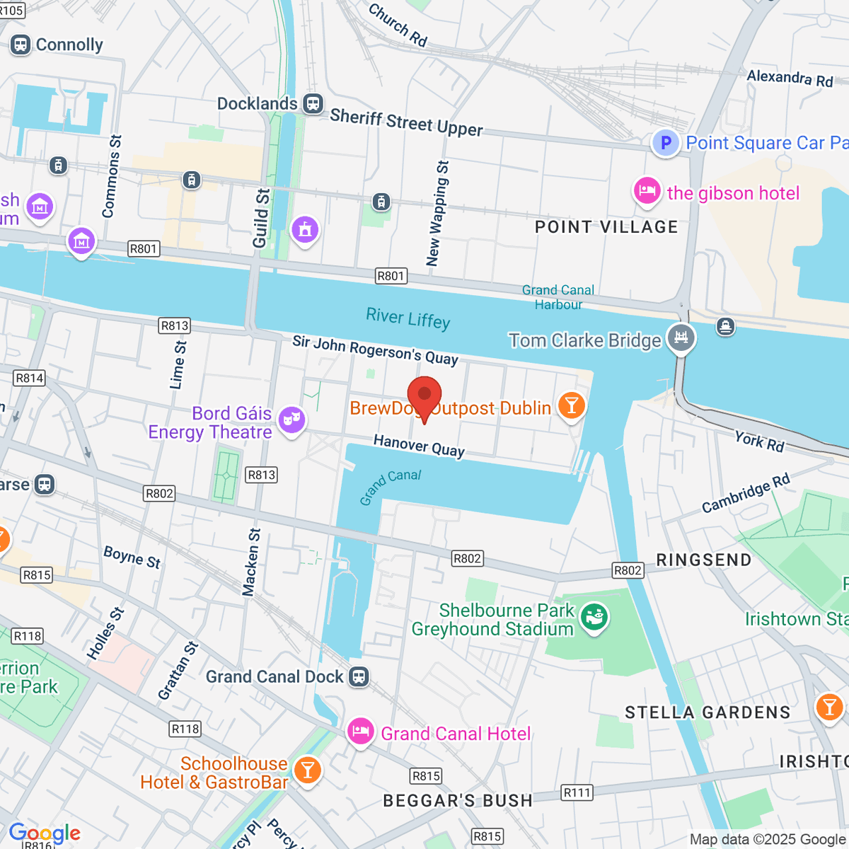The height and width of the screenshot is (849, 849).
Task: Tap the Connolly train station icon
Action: coord(20,45)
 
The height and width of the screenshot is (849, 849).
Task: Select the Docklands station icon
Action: coord(313,103)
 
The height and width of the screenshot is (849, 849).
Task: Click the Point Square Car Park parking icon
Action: coord(665,143)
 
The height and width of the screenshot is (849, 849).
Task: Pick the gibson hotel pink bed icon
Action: coord(647,192)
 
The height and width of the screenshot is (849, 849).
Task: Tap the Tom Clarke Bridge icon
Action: coord(681,337)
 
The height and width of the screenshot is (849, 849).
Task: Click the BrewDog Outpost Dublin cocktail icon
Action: coord(571,405)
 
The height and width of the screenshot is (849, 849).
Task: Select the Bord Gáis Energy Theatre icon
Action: coord(291,420)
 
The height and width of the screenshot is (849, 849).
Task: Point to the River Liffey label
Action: coord(408,318)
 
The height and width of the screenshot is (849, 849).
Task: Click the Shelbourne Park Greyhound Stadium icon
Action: coord(594,617)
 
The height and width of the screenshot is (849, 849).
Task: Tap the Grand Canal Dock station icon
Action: coord(359,676)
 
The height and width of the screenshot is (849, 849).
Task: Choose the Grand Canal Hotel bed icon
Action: coord(361,731)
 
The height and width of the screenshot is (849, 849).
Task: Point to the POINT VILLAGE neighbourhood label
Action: coord(606,227)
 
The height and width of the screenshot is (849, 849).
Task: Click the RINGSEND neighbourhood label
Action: coord(703,560)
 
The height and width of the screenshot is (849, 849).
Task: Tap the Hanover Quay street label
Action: coord(419,446)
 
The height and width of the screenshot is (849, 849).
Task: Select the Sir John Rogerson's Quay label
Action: coord(375,350)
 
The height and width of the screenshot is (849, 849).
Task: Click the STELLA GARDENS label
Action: coord(707,712)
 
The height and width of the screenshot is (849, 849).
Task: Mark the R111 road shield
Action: coord(577,792)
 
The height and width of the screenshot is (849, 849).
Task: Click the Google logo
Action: coord(45,833)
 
